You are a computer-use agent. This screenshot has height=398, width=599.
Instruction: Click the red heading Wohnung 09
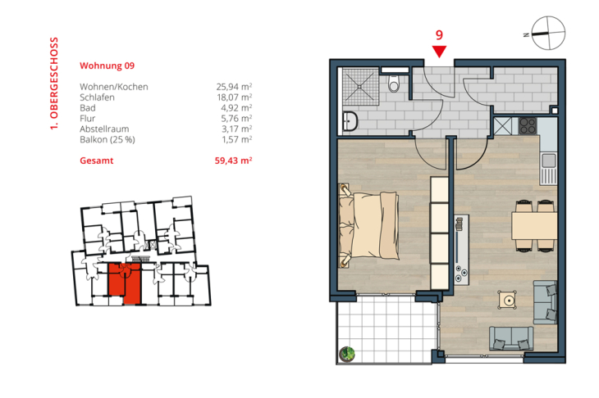pos(107,66)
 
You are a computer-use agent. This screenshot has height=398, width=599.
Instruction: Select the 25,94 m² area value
pos(234,87)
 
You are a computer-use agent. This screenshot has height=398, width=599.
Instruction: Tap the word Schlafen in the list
pos(97,97)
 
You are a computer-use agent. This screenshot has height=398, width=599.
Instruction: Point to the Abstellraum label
pos(104,129)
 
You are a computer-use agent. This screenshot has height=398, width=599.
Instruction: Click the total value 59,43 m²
pos(233,161)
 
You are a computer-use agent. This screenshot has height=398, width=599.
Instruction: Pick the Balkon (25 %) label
pos(107,140)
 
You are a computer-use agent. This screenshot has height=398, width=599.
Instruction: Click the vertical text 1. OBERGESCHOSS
pos(54,84)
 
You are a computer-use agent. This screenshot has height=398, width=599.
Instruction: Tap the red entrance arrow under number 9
pos(439,52)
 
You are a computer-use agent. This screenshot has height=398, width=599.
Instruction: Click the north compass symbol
pos(548,33)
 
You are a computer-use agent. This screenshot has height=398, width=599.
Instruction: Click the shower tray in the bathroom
pos(360,87)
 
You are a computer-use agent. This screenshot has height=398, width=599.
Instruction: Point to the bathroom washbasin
pos(350,121)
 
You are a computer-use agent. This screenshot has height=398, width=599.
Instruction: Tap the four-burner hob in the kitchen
pos(528,125)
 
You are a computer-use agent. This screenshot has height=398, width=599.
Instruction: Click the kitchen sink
pos(549,161)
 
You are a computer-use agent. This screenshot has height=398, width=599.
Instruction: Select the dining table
pos(534,226)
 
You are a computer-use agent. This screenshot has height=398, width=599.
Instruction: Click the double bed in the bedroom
pos(369,225)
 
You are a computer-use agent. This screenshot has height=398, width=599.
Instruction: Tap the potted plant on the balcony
pos(347,354)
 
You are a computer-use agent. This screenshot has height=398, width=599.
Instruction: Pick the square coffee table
pos(508,300)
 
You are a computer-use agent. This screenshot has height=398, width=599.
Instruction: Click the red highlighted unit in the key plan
pos(125,283)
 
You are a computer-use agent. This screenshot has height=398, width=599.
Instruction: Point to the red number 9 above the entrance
pos(439,35)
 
